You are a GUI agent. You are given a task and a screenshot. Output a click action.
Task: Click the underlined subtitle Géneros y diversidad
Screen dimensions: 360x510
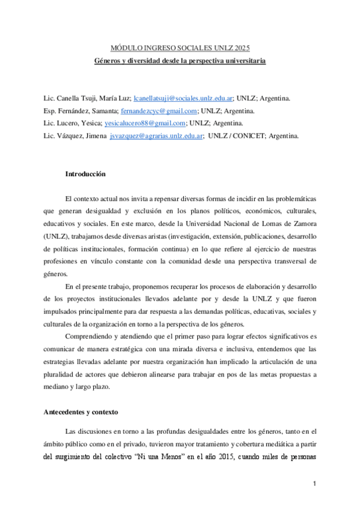180,61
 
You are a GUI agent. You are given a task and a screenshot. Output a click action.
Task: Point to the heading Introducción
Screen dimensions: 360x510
85,174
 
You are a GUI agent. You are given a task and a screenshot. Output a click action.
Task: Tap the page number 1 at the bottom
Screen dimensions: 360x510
314,484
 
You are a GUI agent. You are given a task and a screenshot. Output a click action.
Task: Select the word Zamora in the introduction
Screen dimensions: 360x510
304,223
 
